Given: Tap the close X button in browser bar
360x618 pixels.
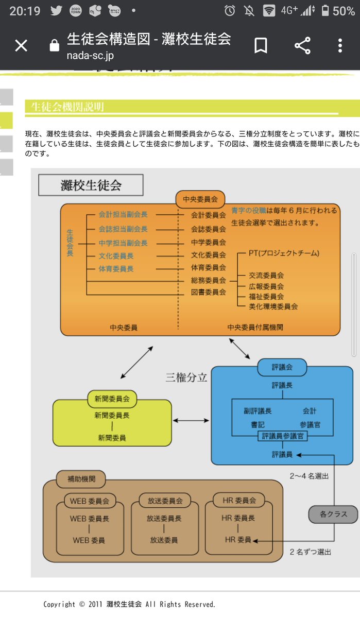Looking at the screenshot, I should (x=21, y=46).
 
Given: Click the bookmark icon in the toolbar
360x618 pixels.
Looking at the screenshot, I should (x=261, y=46).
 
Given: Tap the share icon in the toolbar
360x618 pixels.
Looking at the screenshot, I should (x=302, y=46).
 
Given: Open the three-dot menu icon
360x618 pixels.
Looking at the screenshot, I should (x=340, y=46).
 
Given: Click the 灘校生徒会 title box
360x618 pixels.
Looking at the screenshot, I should (x=91, y=185).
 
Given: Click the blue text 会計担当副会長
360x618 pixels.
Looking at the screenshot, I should (x=123, y=215).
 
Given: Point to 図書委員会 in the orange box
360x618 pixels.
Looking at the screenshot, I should (x=208, y=292).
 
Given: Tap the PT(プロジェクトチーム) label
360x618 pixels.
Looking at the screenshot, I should (x=284, y=253).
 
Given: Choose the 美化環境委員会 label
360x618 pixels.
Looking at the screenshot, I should (x=273, y=306).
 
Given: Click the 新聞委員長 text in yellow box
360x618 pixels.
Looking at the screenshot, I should (x=112, y=415).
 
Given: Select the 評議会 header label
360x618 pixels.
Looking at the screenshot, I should (x=282, y=367).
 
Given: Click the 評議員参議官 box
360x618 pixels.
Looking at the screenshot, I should (x=282, y=436).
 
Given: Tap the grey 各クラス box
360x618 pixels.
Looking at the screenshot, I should (x=333, y=513).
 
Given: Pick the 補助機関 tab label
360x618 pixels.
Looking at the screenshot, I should (x=81, y=479).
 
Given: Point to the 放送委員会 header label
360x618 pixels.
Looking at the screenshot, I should (x=165, y=500).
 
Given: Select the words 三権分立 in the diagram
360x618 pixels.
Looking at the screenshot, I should (x=186, y=377).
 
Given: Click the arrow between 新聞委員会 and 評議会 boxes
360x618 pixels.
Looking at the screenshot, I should (x=191, y=421).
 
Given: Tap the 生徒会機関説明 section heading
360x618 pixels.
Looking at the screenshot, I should (x=67, y=107).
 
